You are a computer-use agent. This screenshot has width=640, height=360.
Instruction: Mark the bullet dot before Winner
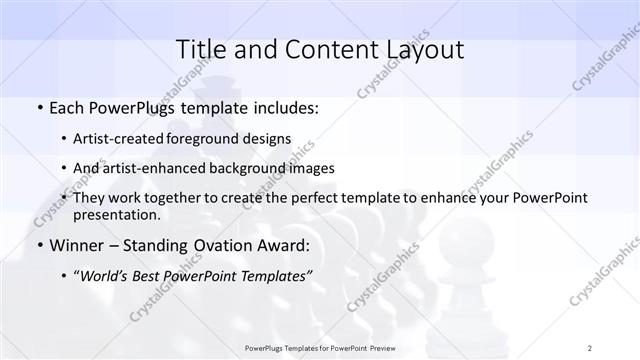click(38, 245)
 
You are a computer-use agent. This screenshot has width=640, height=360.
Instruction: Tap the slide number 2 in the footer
click(590, 347)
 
